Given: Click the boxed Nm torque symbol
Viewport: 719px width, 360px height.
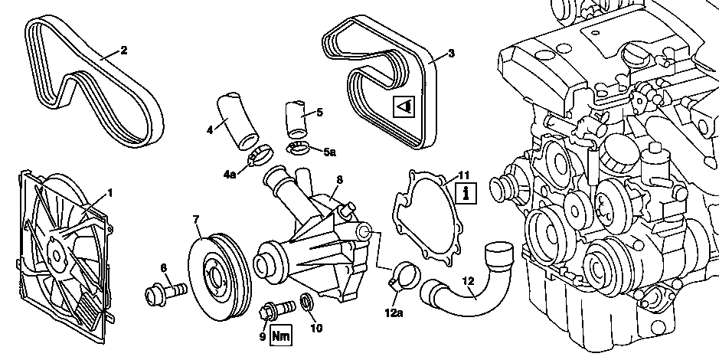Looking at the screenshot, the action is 280,335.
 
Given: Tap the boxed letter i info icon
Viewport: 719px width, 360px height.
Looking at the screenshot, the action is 466,193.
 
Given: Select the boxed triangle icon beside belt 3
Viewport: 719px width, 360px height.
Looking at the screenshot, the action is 404,107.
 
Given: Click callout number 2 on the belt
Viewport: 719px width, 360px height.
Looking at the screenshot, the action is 124,50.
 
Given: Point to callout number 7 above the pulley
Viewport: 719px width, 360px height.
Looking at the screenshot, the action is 197,220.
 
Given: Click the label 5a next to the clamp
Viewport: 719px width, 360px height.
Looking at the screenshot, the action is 329,152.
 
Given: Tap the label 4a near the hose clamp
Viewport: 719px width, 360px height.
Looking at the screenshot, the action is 230,175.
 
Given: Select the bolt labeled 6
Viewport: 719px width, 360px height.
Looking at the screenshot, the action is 165,292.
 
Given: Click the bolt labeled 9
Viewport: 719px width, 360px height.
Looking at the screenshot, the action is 279,308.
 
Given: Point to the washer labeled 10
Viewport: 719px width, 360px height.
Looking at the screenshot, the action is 307,303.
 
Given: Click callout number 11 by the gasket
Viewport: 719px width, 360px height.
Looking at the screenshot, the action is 463,175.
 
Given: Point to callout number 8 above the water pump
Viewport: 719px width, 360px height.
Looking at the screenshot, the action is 339,180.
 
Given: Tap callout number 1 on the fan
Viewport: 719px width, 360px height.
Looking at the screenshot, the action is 109,194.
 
